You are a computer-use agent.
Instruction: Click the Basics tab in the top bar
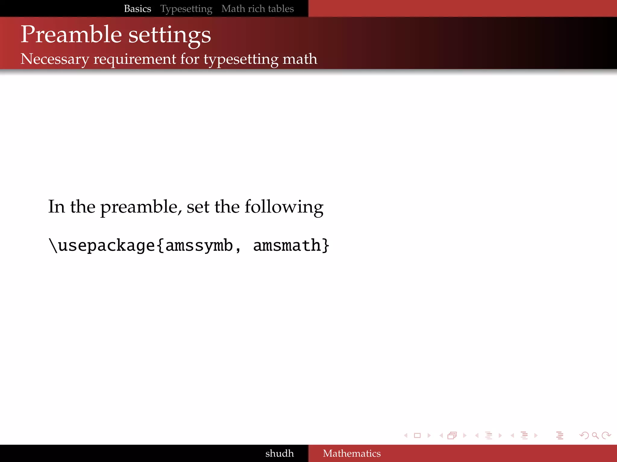137,9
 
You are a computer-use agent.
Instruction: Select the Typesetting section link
186,9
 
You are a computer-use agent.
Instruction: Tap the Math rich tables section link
258,9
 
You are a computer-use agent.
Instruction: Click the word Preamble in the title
71,35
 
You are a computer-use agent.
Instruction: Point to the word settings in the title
170,35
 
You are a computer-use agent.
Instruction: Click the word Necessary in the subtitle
55,59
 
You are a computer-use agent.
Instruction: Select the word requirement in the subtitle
135,59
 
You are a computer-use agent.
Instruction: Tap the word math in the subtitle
300,59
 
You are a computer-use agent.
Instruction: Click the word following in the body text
284,207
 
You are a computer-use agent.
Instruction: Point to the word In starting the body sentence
57,207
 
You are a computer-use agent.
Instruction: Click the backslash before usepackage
53,245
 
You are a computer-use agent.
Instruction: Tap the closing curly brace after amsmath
326,245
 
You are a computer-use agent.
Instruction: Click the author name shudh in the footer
279,453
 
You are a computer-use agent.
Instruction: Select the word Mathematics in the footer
352,453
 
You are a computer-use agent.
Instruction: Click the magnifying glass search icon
595,435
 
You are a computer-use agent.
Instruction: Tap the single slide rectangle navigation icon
417,435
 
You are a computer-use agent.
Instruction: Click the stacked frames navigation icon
452,435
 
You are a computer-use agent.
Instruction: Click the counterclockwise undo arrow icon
584,435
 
